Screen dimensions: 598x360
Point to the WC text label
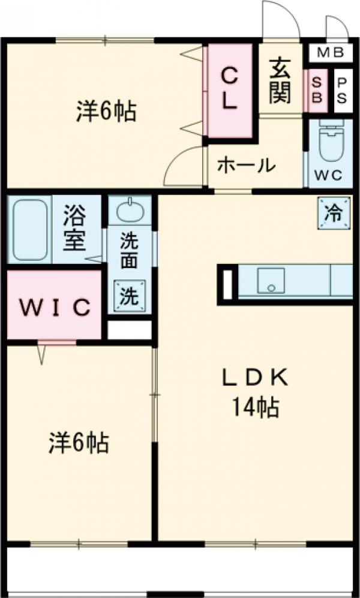328,176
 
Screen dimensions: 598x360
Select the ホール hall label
246,164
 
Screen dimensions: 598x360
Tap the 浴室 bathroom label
76,229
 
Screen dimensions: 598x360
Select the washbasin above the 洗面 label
130,211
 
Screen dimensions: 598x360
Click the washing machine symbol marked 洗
129,296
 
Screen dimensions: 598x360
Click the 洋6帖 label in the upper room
106,112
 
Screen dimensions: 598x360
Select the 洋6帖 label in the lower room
78,443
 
